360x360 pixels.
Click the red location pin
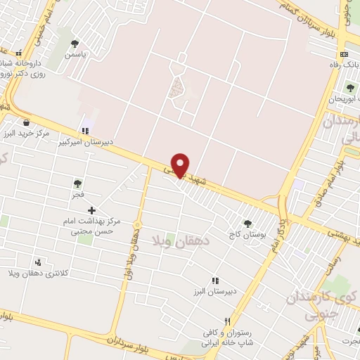click(181, 165)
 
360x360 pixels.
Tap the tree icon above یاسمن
click(75, 44)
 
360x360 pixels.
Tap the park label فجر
click(77, 193)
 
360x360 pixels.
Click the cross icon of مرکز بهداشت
click(91, 210)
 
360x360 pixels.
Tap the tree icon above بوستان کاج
click(247, 224)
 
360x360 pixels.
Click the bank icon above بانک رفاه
click(343, 55)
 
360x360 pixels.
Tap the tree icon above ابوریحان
click(350, 88)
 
